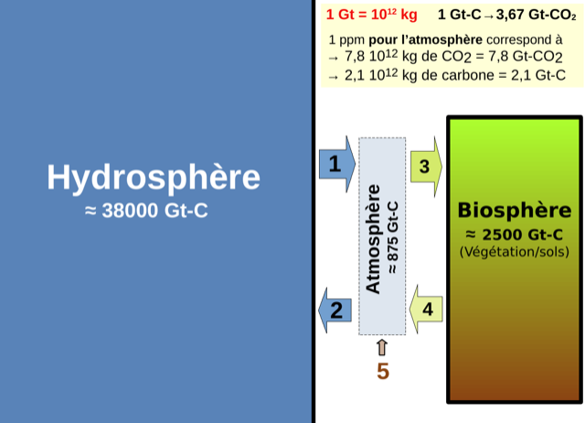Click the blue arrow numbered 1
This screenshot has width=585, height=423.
coord(337,164)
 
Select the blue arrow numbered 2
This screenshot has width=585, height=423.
coord(335,310)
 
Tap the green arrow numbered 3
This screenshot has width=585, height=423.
coord(426,167)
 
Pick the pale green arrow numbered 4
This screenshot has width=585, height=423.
coord(426,309)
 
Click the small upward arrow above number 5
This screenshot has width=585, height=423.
coord(382,348)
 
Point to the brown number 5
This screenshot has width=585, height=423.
coord(383,372)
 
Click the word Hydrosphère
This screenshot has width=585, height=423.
coord(154,177)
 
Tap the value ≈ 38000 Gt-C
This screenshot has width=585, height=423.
coord(146,211)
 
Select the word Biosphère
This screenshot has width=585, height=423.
coord(515,210)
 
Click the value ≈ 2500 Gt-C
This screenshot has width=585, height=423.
coord(515,234)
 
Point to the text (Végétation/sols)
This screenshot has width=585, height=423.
coord(515,252)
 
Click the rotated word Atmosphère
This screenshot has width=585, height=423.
coord(373,239)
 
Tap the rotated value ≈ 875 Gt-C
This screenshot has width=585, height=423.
coord(393,238)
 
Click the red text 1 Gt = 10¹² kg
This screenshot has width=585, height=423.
coord(372,15)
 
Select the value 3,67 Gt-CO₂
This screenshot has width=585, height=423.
coord(537,15)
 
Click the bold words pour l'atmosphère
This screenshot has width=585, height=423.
coord(425,39)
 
